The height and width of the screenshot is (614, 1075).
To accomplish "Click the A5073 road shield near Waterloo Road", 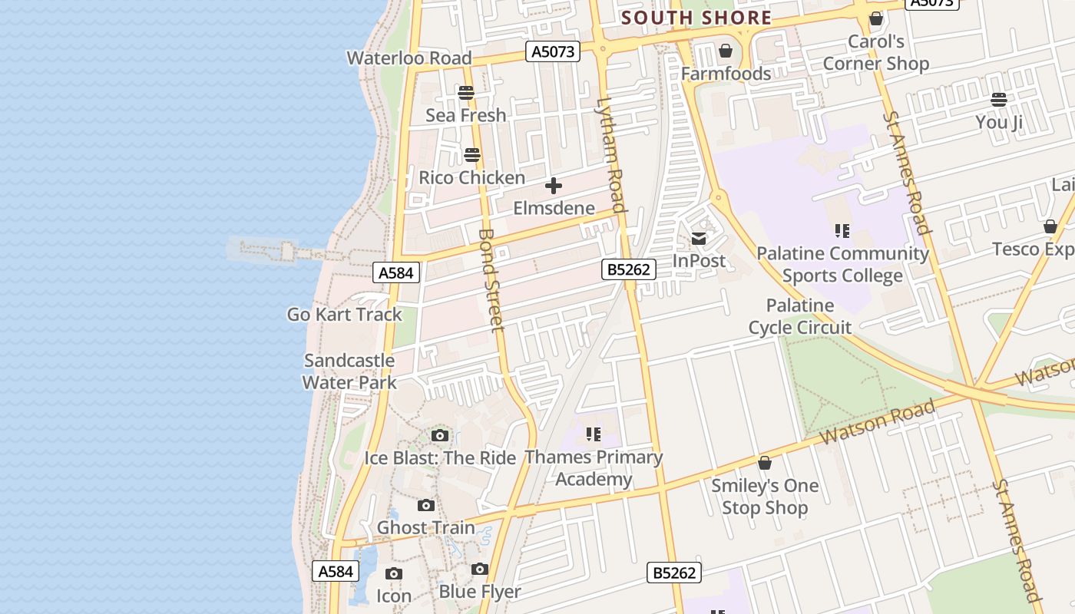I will click(552, 51).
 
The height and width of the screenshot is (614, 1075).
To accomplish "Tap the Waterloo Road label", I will click(408, 58).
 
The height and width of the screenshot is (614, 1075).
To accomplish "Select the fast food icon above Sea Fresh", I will click(466, 93).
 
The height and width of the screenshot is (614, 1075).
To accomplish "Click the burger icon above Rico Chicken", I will click(472, 155).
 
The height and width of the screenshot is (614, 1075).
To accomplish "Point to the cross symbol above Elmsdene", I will click(553, 186).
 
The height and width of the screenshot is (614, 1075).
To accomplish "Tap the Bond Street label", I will click(491, 280).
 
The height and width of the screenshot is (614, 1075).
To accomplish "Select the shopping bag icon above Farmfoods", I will click(725, 51).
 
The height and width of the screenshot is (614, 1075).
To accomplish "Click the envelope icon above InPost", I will click(699, 239).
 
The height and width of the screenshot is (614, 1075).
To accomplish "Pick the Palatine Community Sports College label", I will click(842, 264).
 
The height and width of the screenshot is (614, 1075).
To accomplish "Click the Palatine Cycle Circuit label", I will click(800, 316).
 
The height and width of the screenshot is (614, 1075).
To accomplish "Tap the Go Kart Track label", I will click(344, 315).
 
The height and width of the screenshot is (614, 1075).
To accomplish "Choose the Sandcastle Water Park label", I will click(349, 371).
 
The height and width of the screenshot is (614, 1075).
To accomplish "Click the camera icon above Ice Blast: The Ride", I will click(440, 436).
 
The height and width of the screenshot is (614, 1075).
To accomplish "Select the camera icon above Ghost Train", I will click(426, 506).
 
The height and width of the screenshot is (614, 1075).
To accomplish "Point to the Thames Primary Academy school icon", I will click(593, 435).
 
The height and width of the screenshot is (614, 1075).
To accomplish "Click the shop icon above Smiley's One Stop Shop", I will click(764, 464).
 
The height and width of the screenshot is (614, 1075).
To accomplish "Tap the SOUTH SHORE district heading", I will click(696, 18).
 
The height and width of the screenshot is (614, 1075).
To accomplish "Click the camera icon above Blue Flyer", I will click(480, 569).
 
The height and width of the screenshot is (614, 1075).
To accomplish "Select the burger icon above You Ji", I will click(998, 100).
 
